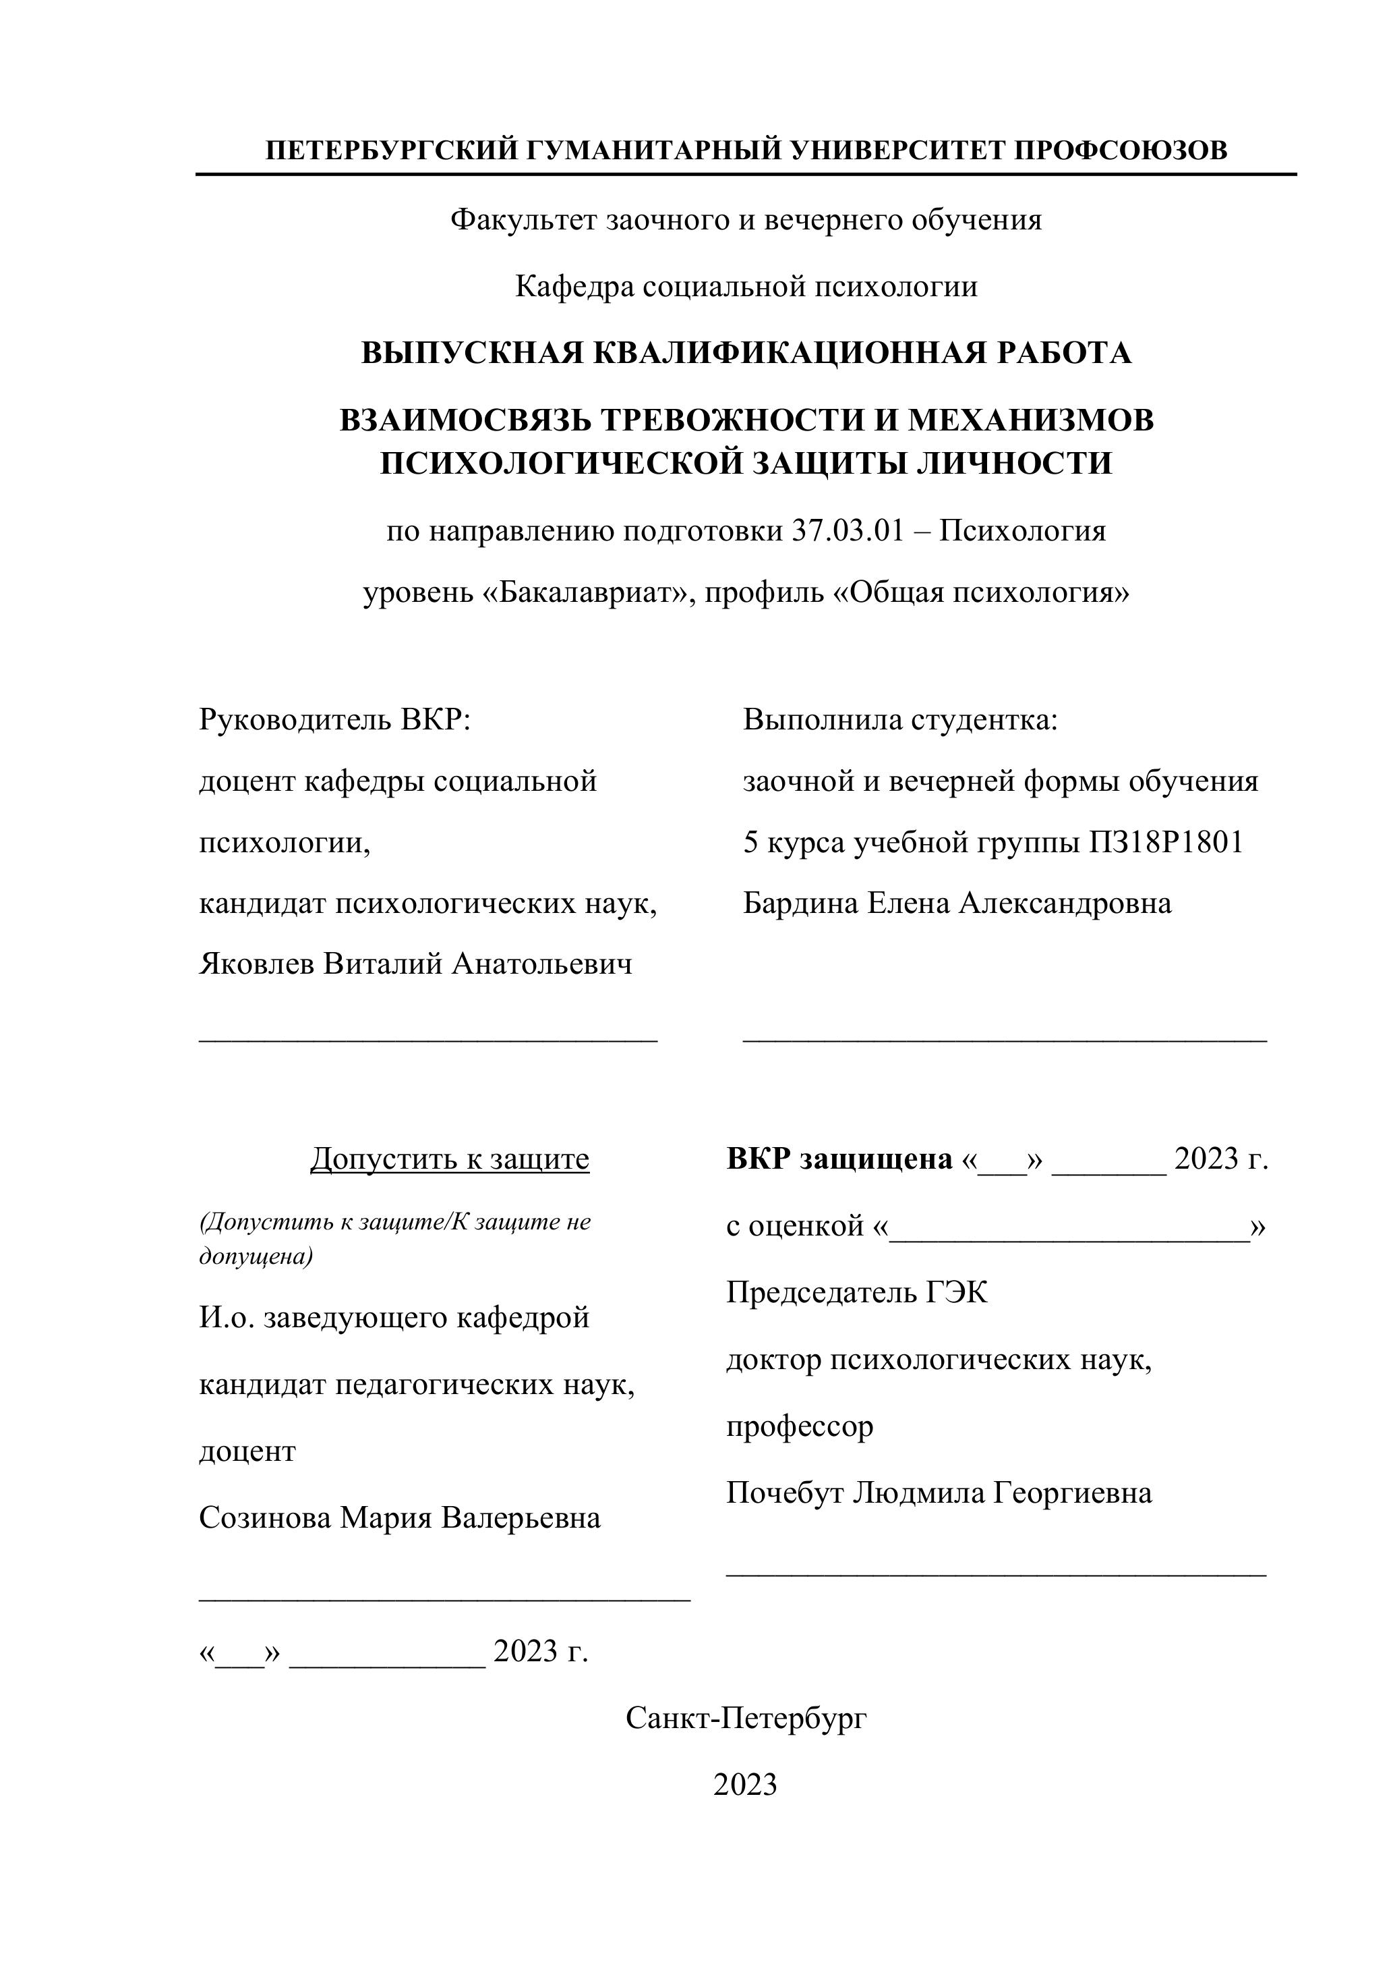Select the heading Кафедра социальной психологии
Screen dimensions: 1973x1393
click(x=746, y=286)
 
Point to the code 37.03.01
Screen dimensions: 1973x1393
click(x=848, y=531)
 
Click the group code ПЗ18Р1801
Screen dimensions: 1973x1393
click(x=1166, y=843)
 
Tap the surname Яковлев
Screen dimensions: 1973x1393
click(x=257, y=964)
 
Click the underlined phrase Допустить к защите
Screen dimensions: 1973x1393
click(x=449, y=1159)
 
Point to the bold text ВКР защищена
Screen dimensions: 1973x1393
click(x=839, y=1159)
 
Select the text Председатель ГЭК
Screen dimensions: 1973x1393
click(x=856, y=1292)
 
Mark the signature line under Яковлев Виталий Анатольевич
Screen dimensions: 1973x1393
click(x=427, y=1037)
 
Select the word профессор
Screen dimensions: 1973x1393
click(x=800, y=1426)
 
